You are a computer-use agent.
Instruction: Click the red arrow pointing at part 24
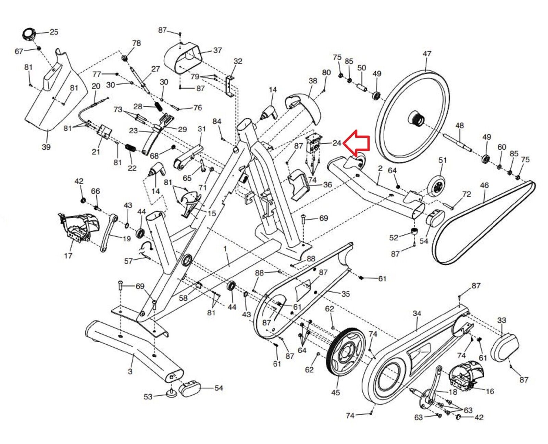click(x=357, y=143)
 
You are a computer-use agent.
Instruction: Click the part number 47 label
click(x=427, y=54)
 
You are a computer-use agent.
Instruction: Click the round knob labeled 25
click(x=29, y=34)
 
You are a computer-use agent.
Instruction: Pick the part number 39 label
click(x=46, y=147)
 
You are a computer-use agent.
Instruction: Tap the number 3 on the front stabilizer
click(x=130, y=371)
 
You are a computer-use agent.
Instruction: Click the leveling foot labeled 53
click(x=171, y=393)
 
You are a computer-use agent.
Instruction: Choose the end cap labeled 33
click(x=505, y=348)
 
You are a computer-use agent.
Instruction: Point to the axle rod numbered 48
click(x=457, y=142)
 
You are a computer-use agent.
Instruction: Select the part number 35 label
click(x=346, y=294)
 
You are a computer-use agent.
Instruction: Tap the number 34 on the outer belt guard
click(x=416, y=313)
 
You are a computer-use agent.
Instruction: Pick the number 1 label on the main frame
click(x=225, y=248)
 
